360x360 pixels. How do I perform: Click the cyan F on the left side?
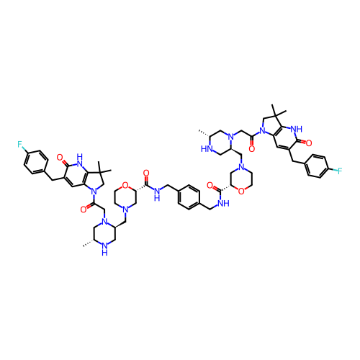20,144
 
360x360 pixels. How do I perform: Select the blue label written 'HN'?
206,149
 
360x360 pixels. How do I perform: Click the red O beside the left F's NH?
60,158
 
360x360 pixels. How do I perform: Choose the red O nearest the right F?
308,143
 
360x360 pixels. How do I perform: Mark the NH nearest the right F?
296,129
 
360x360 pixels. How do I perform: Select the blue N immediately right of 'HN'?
230,136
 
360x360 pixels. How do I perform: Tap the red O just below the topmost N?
251,147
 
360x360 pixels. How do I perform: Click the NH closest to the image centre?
157,194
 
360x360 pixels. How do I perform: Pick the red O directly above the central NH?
146,173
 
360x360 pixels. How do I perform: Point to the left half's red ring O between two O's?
125,185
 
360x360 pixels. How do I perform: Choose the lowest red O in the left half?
84,210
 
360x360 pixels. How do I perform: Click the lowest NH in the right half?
223,204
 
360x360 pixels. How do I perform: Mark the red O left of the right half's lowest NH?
210,185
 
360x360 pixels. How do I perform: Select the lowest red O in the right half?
241,191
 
